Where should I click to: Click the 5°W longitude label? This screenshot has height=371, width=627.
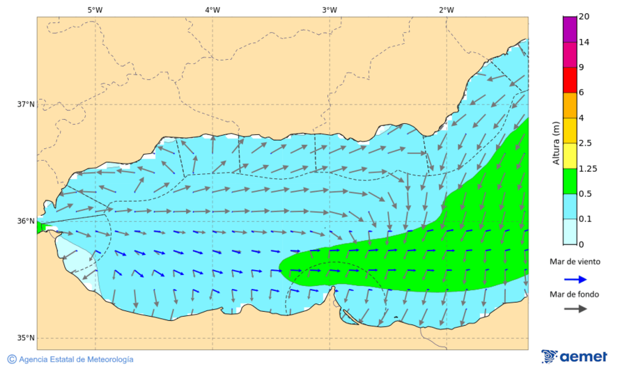[95, 10]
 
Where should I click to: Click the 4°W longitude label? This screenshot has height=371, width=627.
[212, 10]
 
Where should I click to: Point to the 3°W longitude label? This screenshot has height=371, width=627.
[330, 10]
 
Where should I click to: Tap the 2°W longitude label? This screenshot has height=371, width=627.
[447, 10]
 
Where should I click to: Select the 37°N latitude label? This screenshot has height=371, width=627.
[26, 104]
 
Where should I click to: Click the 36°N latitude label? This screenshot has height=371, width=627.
[26, 221]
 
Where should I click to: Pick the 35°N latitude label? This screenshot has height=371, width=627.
[26, 338]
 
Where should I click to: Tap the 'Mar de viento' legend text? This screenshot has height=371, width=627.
[575, 262]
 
